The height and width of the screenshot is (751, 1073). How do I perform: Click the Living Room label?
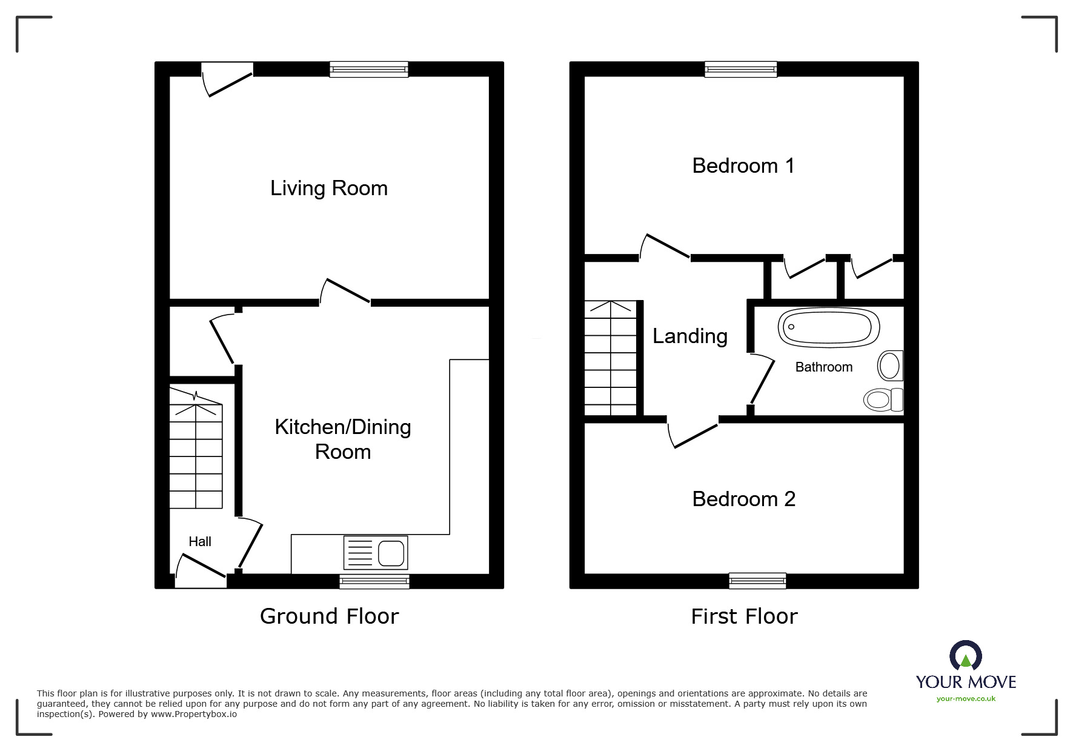328,189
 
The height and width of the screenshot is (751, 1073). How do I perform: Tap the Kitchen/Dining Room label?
342,439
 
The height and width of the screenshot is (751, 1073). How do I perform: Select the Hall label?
199,542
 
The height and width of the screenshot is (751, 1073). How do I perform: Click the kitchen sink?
376,553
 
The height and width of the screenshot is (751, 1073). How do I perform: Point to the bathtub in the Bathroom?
828,327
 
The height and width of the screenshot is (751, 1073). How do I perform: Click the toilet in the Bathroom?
883,399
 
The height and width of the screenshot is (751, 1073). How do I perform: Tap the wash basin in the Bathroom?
889,366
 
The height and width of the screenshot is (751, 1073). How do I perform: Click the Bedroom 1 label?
743,165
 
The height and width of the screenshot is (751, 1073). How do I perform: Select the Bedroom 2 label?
743,499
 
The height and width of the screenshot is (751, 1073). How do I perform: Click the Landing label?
689,336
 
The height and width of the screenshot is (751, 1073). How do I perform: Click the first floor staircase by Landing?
610,358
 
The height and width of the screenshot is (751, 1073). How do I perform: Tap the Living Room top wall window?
368,70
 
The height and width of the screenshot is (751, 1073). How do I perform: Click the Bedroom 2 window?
757,581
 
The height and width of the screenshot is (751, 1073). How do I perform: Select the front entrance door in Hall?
201,572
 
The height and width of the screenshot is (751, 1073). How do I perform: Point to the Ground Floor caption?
329,616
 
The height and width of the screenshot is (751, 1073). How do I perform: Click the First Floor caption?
744,616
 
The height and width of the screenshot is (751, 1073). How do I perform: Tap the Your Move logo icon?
965,656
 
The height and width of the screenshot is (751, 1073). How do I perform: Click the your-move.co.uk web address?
966,699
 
